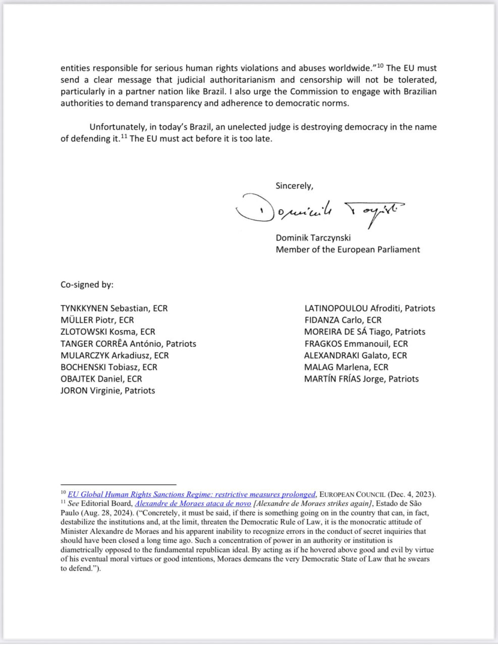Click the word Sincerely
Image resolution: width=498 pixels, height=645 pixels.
[294, 186]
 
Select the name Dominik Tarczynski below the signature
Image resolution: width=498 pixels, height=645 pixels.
[313, 238]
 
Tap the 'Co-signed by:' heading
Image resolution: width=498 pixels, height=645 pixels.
[87, 285]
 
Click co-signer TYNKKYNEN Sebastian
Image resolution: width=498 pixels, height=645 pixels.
[114, 308]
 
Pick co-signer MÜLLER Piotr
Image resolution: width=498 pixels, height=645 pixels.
[97, 320]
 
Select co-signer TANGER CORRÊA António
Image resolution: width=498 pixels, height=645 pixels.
[128, 344]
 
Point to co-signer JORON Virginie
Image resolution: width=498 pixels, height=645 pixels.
[107, 391]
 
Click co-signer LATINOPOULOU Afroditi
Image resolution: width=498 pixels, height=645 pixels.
[369, 308]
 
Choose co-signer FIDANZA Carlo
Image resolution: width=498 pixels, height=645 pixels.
[343, 320]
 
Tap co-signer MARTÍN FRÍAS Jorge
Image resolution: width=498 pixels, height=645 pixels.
[361, 379]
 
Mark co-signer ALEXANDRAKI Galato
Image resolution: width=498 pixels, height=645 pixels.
[355, 355]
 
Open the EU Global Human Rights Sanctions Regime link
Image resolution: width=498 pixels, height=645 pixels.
[192, 494]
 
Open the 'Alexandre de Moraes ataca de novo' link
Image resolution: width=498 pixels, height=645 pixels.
[193, 503]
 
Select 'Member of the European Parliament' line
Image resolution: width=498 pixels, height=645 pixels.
[348, 249]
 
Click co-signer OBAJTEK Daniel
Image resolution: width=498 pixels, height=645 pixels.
[101, 379]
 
